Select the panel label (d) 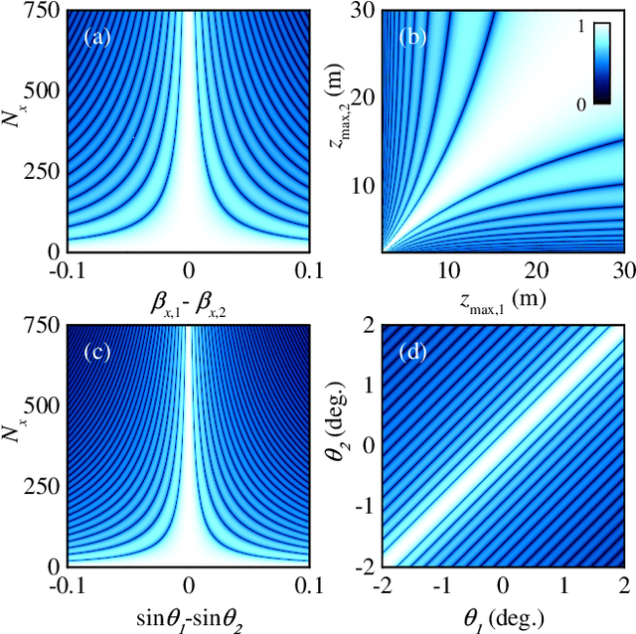point(413,354)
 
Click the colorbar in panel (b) point(602,63)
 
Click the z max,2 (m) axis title point(339,128)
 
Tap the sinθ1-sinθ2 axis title point(189,617)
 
